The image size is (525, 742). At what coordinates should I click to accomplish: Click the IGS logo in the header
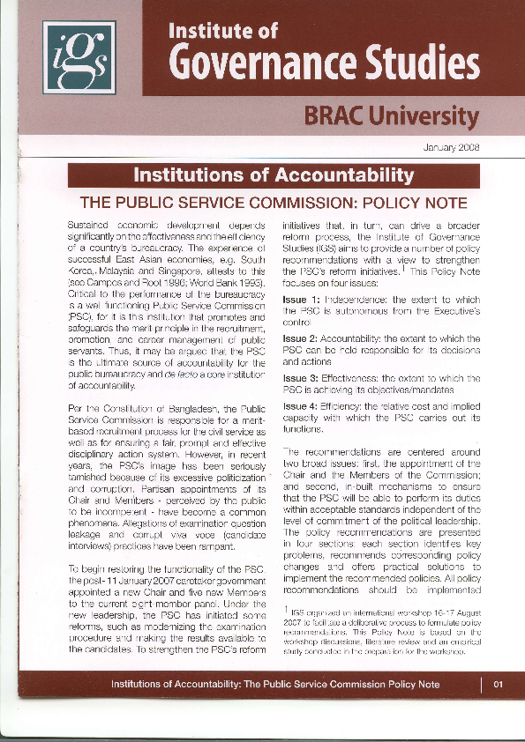tap(79, 56)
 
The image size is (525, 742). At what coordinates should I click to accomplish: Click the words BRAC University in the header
tap(392, 115)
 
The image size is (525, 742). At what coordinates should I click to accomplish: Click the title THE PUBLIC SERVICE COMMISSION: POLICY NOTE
tap(274, 204)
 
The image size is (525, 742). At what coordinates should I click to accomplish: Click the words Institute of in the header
tap(222, 32)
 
